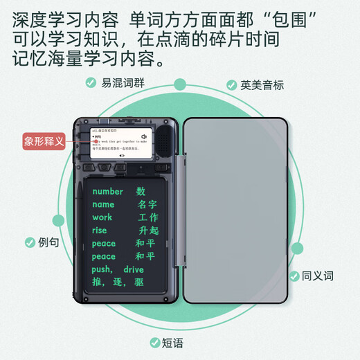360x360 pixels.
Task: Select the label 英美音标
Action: pos(262,85)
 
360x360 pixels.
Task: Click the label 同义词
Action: pos(318,276)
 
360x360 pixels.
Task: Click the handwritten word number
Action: pos(107,192)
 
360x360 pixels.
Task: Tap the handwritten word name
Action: pos(103,204)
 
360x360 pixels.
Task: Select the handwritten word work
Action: pos(102,217)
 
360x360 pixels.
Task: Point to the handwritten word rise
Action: pos(100,231)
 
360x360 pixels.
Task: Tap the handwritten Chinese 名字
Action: pos(147,204)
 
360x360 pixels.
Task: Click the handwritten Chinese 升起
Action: pos(149,231)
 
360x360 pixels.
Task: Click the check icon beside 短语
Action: pos(155,342)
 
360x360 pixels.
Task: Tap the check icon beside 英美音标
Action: pos(232,85)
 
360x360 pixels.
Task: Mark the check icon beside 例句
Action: pos(30,243)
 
